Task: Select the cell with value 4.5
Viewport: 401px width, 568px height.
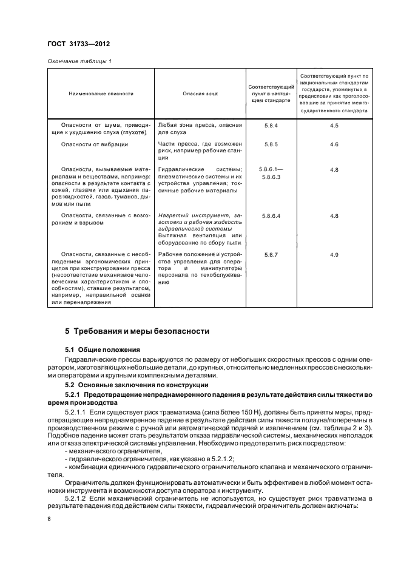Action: coord(334,125)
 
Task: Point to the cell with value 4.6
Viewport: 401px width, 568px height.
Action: coord(334,144)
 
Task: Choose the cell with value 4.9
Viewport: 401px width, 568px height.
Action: coord(334,254)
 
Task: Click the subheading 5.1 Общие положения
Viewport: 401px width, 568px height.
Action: coord(103,350)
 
